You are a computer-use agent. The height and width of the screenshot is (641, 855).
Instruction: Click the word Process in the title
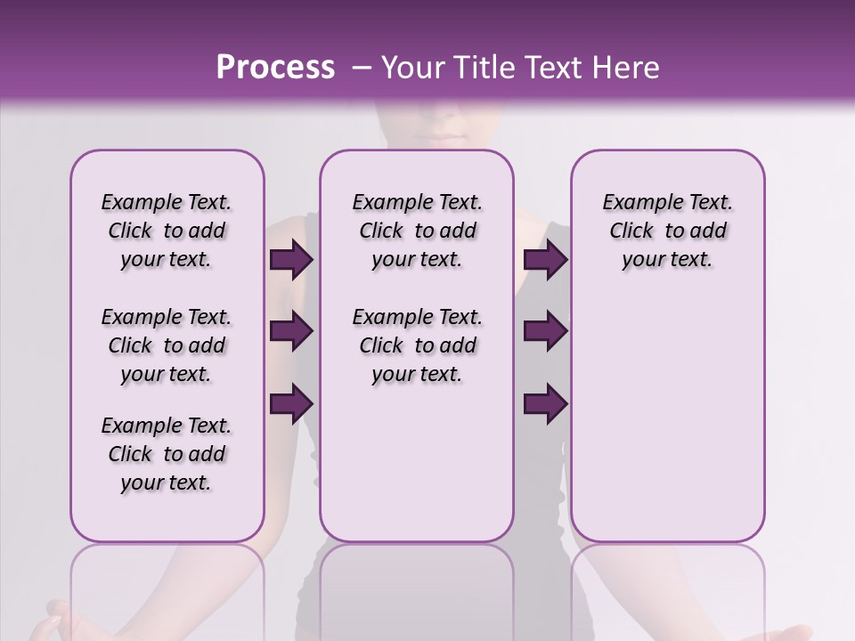(x=275, y=68)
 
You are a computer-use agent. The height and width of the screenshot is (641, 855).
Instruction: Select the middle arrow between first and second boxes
(x=291, y=332)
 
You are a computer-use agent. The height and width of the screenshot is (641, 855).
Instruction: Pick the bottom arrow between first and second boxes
(x=291, y=403)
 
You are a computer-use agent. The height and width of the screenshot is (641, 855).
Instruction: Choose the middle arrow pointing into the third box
(x=545, y=332)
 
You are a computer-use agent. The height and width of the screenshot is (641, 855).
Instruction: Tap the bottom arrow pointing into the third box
(x=545, y=403)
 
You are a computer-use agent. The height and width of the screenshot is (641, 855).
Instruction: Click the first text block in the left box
(x=167, y=231)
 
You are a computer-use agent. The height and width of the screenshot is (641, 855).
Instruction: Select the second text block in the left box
(x=167, y=345)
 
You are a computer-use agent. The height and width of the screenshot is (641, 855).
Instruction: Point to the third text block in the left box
(x=167, y=454)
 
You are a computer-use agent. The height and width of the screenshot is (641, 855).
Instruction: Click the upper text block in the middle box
(x=417, y=231)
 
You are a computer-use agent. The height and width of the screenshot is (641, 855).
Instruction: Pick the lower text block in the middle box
(x=417, y=345)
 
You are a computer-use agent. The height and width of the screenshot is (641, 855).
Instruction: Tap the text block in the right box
(x=667, y=231)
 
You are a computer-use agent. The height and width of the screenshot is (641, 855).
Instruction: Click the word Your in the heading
(x=415, y=68)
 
